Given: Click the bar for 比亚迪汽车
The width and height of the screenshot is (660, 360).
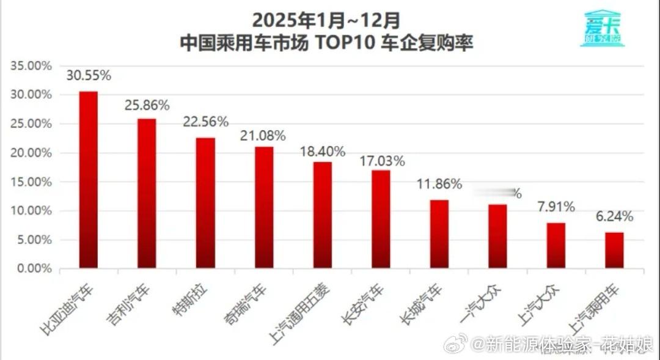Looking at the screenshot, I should (x=89, y=180).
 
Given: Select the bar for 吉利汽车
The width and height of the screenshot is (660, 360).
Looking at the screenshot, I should (x=147, y=193).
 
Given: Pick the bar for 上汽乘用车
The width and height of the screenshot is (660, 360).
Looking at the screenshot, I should (x=615, y=250).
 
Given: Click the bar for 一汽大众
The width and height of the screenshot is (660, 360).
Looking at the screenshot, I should (x=497, y=236).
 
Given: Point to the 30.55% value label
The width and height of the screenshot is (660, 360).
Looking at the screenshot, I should (x=89, y=76).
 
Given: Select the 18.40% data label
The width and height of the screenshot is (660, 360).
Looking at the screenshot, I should (x=323, y=151).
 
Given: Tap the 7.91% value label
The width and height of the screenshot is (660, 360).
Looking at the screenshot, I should (x=555, y=207).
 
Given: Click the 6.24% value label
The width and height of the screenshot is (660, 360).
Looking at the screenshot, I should (x=614, y=216).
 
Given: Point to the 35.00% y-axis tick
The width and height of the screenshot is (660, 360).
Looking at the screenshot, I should (x=31, y=65).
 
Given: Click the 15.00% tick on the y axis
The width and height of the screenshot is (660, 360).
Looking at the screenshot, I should (x=31, y=182).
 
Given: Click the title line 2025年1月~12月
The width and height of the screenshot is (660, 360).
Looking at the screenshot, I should (x=326, y=20).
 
